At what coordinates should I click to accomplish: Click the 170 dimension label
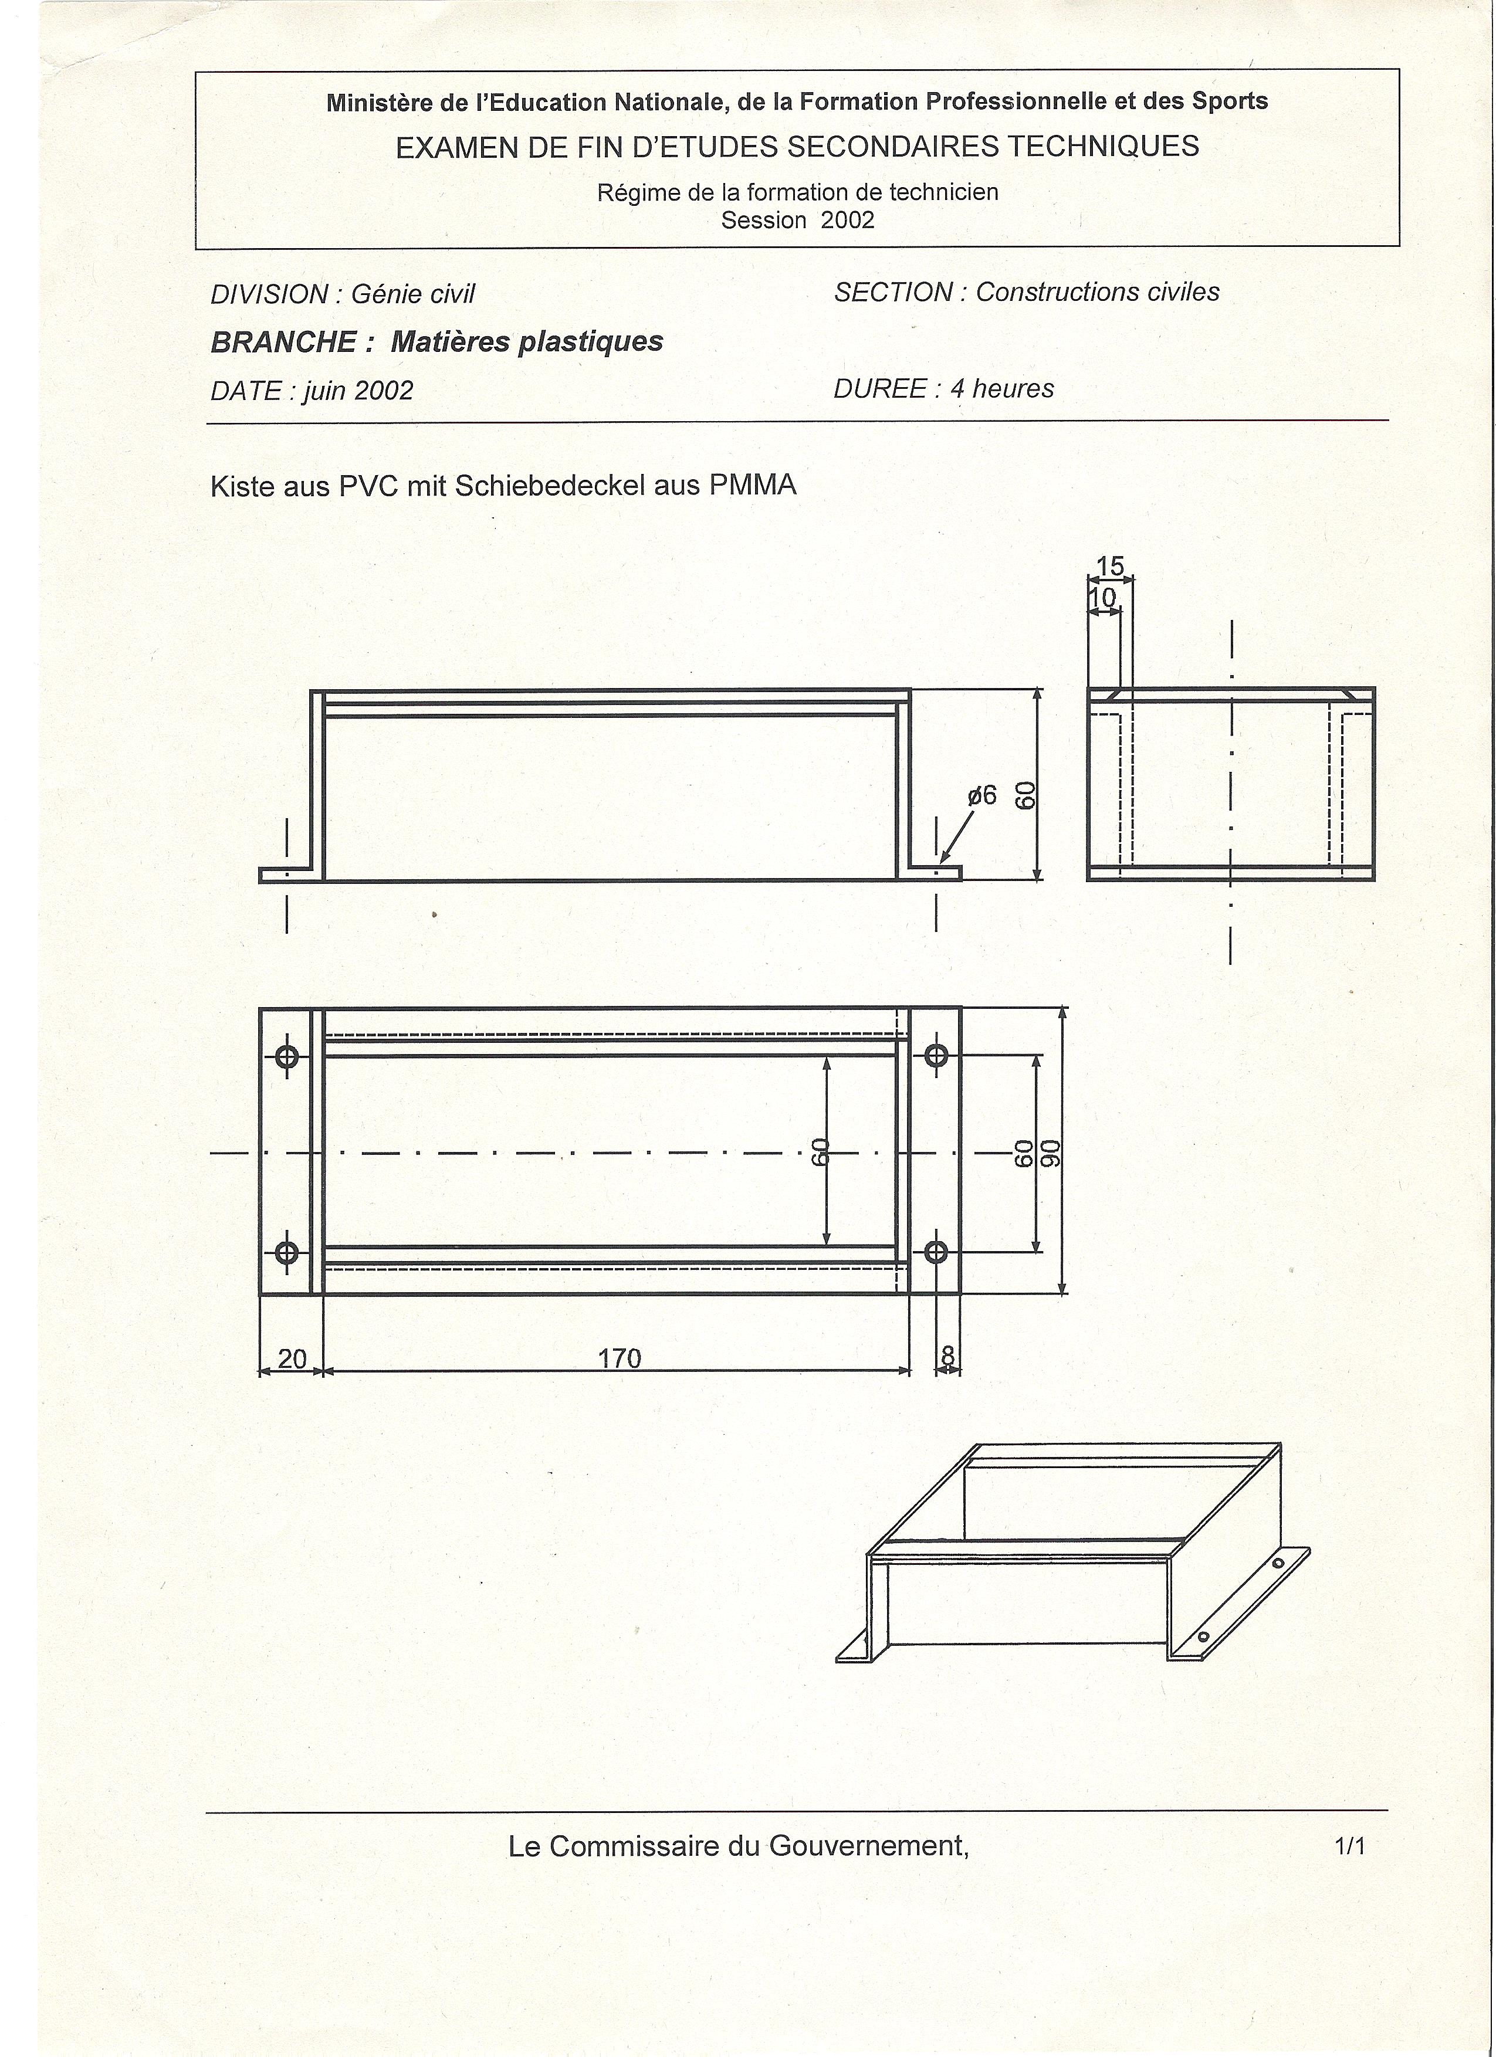pos(620,1358)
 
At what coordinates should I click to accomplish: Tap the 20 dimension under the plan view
pos(292,1358)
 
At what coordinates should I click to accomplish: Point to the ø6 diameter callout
pos(981,795)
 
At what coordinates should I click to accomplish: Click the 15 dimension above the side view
pos(1109,566)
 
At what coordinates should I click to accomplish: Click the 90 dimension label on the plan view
pos(1051,1153)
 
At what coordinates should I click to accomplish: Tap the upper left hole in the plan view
pos(287,1056)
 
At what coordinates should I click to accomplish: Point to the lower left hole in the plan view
pos(287,1252)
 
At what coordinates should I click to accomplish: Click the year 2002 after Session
pos(847,221)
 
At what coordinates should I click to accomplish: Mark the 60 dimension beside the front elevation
pos(1025,795)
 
